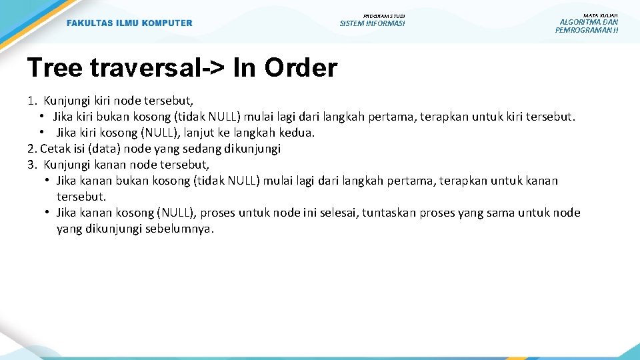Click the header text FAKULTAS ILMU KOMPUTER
129,23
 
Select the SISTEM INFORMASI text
372,24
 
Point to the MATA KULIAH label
600,15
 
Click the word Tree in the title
54,67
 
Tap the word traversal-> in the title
157,67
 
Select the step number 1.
32,101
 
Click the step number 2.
31,149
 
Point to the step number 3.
31,165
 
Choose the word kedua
298,133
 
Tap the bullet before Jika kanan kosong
49,213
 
